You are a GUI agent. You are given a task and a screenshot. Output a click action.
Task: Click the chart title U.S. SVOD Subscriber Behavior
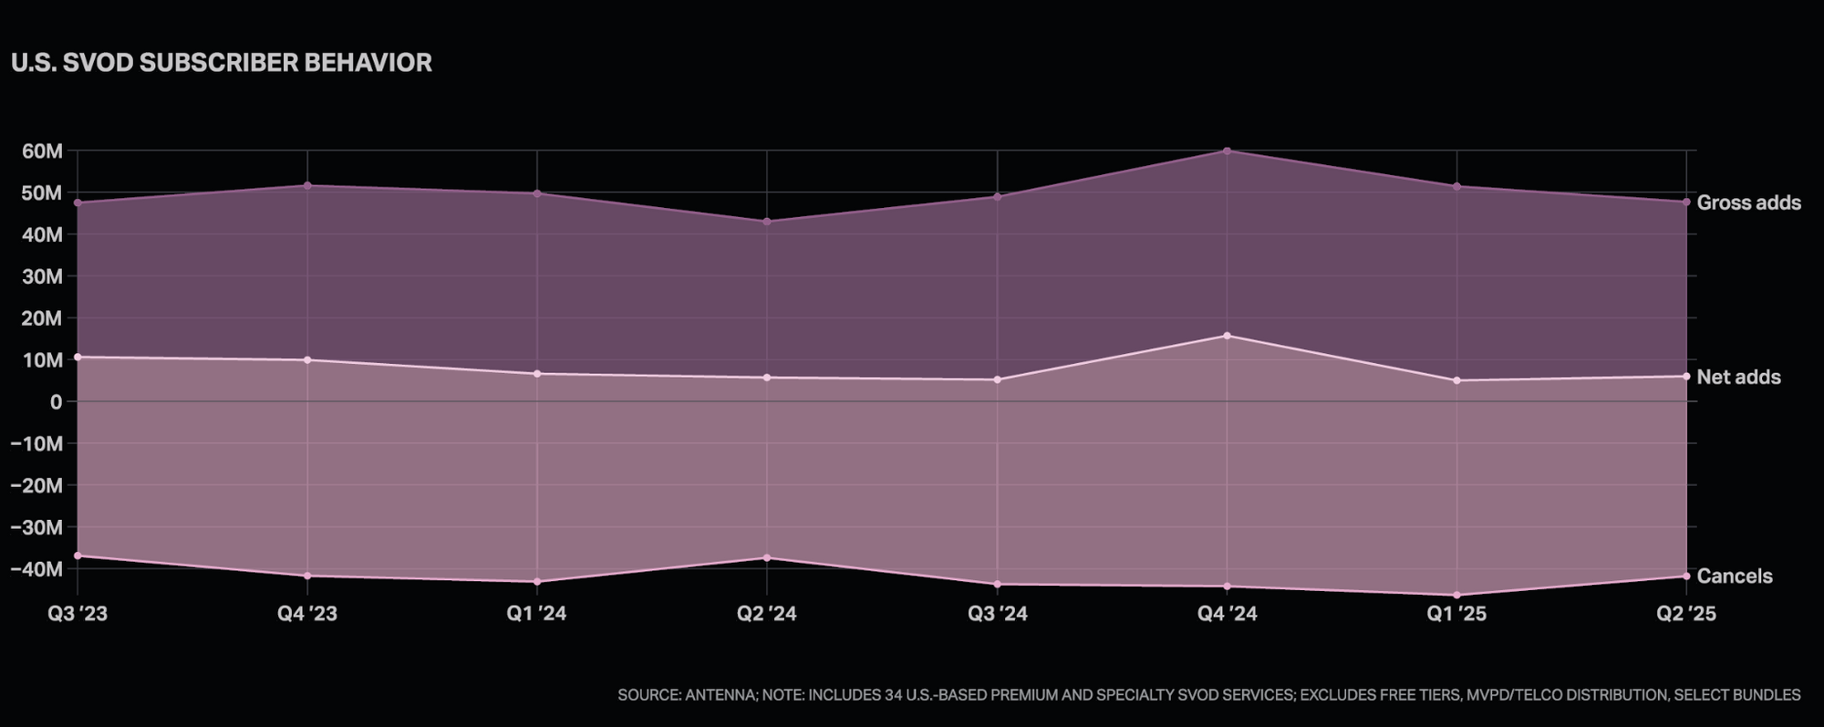tap(222, 63)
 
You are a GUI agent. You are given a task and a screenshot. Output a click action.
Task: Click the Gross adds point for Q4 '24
tap(1227, 151)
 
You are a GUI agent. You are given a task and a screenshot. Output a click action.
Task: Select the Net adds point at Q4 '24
tap(1227, 336)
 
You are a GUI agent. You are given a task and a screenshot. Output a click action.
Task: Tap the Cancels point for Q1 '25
tap(1456, 595)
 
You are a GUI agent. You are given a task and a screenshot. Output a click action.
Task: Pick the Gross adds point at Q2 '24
tap(767, 222)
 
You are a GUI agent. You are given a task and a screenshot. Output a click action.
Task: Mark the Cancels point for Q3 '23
tap(78, 556)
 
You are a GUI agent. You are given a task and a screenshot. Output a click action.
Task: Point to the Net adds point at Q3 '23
tap(78, 357)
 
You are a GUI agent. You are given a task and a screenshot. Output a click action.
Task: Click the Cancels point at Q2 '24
tap(767, 557)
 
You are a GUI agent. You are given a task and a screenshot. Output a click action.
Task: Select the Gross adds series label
tap(1748, 203)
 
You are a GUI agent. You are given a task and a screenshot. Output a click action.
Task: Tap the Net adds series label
tap(1738, 377)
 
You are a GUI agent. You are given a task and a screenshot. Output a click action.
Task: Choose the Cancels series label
tap(1734, 576)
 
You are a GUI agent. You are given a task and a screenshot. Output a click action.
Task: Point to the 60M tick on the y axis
tap(42, 151)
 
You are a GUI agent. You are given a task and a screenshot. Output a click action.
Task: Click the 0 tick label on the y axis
tap(57, 402)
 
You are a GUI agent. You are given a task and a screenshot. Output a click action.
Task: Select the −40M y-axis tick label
tap(36, 569)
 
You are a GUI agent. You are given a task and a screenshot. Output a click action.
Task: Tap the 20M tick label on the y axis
tap(42, 318)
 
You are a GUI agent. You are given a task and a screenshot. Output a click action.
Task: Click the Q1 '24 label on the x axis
tap(536, 614)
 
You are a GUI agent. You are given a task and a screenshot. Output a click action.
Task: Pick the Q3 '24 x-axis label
tap(997, 614)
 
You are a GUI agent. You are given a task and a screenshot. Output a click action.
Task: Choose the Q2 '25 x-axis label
tap(1685, 614)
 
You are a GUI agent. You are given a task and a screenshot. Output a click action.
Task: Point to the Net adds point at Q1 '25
tap(1456, 380)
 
